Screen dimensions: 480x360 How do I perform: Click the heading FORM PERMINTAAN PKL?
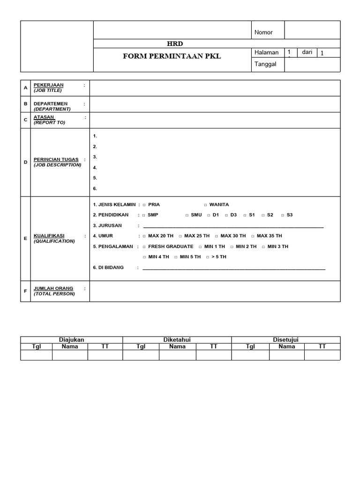(x=172, y=56)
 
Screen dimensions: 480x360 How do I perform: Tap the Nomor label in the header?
(x=263, y=32)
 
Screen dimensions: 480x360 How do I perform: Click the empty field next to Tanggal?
(x=312, y=64)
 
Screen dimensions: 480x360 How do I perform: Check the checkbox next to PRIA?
(x=144, y=205)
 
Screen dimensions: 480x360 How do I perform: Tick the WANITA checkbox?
(x=205, y=205)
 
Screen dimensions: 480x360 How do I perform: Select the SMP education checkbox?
(x=144, y=215)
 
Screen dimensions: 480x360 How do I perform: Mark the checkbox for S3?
(x=283, y=215)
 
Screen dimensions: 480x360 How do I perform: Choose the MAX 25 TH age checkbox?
(x=180, y=236)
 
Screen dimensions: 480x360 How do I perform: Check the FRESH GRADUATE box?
(x=144, y=247)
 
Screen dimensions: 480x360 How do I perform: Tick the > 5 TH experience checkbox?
(x=208, y=257)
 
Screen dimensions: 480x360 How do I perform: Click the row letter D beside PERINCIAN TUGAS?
(x=26, y=162)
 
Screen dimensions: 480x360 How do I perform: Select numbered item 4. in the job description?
(x=95, y=167)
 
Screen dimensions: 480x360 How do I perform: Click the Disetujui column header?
(x=285, y=340)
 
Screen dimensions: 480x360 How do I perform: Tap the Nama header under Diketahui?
(x=177, y=347)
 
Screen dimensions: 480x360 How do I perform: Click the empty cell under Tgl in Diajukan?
(x=36, y=355)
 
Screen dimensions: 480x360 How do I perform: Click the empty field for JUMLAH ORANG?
(x=215, y=291)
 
